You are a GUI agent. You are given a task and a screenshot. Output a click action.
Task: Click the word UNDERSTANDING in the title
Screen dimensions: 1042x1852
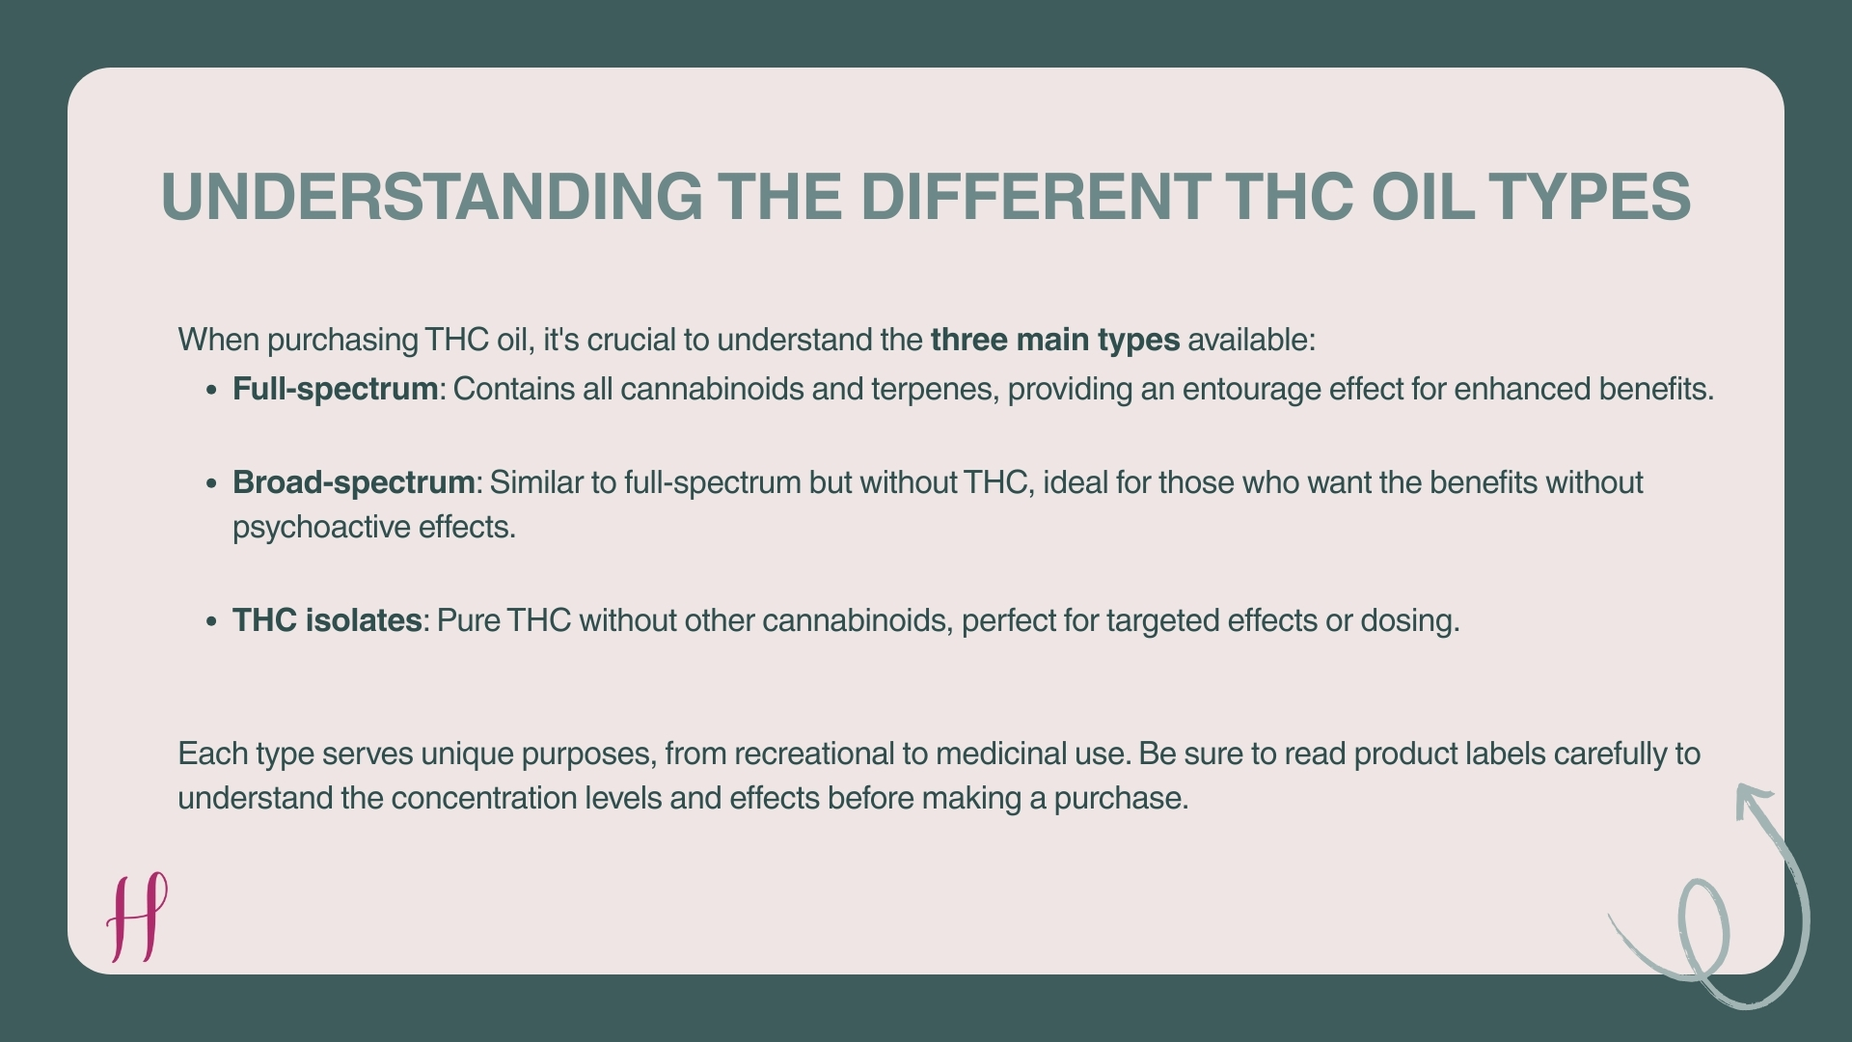click(x=431, y=197)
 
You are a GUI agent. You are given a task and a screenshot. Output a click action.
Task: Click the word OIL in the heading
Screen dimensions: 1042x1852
click(x=1422, y=197)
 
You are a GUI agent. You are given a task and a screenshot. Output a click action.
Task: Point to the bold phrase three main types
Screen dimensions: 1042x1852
click(x=1054, y=340)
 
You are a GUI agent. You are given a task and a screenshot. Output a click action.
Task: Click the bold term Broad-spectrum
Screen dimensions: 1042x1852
click(x=353, y=482)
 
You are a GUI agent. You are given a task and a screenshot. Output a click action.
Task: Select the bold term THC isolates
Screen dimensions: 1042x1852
click(x=327, y=620)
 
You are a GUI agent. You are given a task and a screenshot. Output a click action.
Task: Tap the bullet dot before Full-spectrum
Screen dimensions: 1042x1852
click(x=212, y=391)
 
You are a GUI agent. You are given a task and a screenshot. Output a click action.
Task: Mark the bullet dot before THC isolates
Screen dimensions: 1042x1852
click(x=212, y=622)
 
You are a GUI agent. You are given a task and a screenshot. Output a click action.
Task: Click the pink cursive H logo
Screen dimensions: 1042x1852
click(x=137, y=917)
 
